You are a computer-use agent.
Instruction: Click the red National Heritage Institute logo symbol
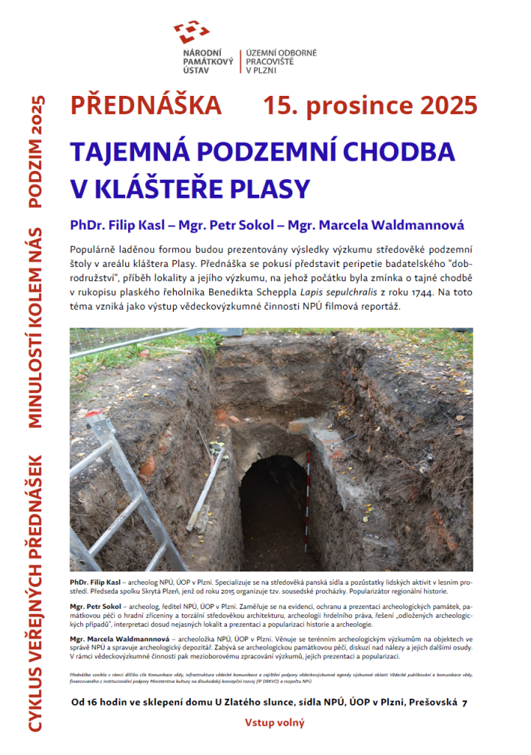(191, 32)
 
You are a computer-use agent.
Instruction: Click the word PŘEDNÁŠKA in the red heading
(146, 105)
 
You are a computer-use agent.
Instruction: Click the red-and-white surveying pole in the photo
(308, 501)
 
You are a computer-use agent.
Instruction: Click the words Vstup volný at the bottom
(275, 723)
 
